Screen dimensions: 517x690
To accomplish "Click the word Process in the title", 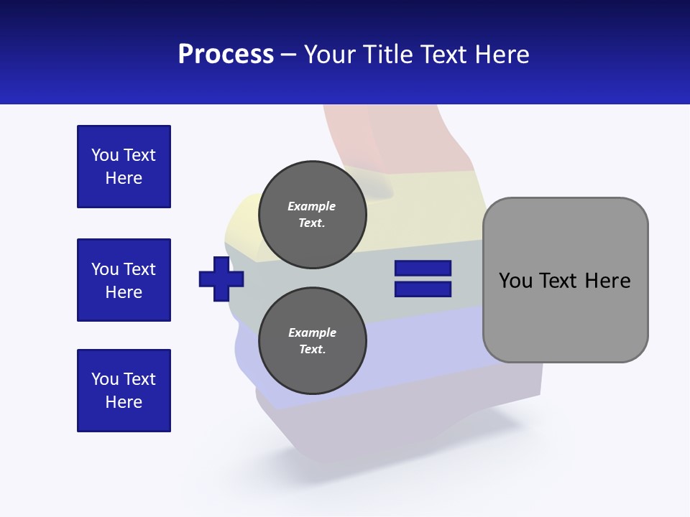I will click(226, 55).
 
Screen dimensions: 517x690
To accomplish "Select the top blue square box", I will click(124, 167).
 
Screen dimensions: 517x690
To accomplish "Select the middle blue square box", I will click(124, 280).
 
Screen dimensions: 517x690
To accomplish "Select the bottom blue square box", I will click(124, 391).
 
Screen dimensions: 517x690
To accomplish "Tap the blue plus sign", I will click(221, 279).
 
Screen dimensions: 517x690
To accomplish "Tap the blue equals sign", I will click(423, 279).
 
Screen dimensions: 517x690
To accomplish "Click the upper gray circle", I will click(312, 215).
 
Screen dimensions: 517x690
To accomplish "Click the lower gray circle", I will click(312, 341).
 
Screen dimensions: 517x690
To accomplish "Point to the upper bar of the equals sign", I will click(423, 269).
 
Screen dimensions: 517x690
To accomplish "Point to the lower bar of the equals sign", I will click(423, 289).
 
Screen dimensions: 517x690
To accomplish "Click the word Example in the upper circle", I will click(311, 206).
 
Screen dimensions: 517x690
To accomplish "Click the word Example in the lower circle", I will click(312, 332).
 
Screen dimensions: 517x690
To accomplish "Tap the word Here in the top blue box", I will click(124, 178).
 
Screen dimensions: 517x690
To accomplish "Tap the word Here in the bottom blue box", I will click(124, 402).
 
